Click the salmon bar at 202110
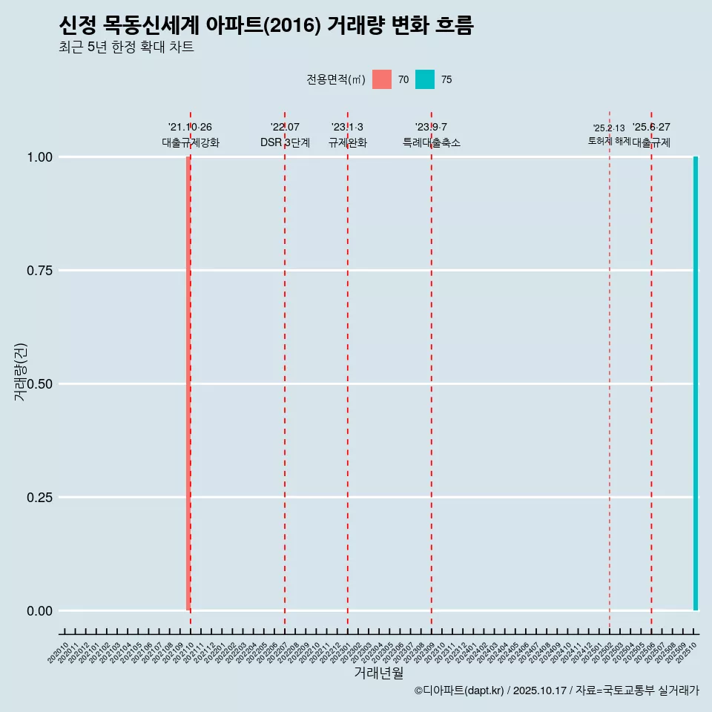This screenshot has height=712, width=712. (x=188, y=383)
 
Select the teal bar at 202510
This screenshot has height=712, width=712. (x=696, y=383)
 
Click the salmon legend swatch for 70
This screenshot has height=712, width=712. (x=382, y=79)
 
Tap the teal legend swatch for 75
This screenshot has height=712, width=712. (x=425, y=79)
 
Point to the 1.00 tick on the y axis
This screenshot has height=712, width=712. (x=39, y=157)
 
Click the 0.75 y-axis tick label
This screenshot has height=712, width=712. (x=39, y=271)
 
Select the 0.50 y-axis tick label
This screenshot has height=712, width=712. (x=39, y=384)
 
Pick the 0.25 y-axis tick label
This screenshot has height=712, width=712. (x=39, y=498)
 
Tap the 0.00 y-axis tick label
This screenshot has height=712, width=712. (x=39, y=611)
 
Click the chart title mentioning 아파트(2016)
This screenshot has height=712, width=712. (x=266, y=26)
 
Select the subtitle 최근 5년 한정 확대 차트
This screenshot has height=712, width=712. (x=126, y=47)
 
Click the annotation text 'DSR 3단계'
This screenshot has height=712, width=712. (x=285, y=142)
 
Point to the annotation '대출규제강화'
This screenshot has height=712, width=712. (x=191, y=142)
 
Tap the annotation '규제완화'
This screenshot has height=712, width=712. (x=348, y=142)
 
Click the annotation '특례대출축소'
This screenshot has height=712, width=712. (x=432, y=142)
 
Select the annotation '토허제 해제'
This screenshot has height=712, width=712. (x=609, y=140)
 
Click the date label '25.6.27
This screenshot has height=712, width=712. (x=651, y=128)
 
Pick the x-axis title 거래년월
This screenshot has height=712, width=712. (x=378, y=673)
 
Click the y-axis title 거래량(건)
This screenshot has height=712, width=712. (x=20, y=372)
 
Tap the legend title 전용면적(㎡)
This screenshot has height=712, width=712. (x=335, y=79)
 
